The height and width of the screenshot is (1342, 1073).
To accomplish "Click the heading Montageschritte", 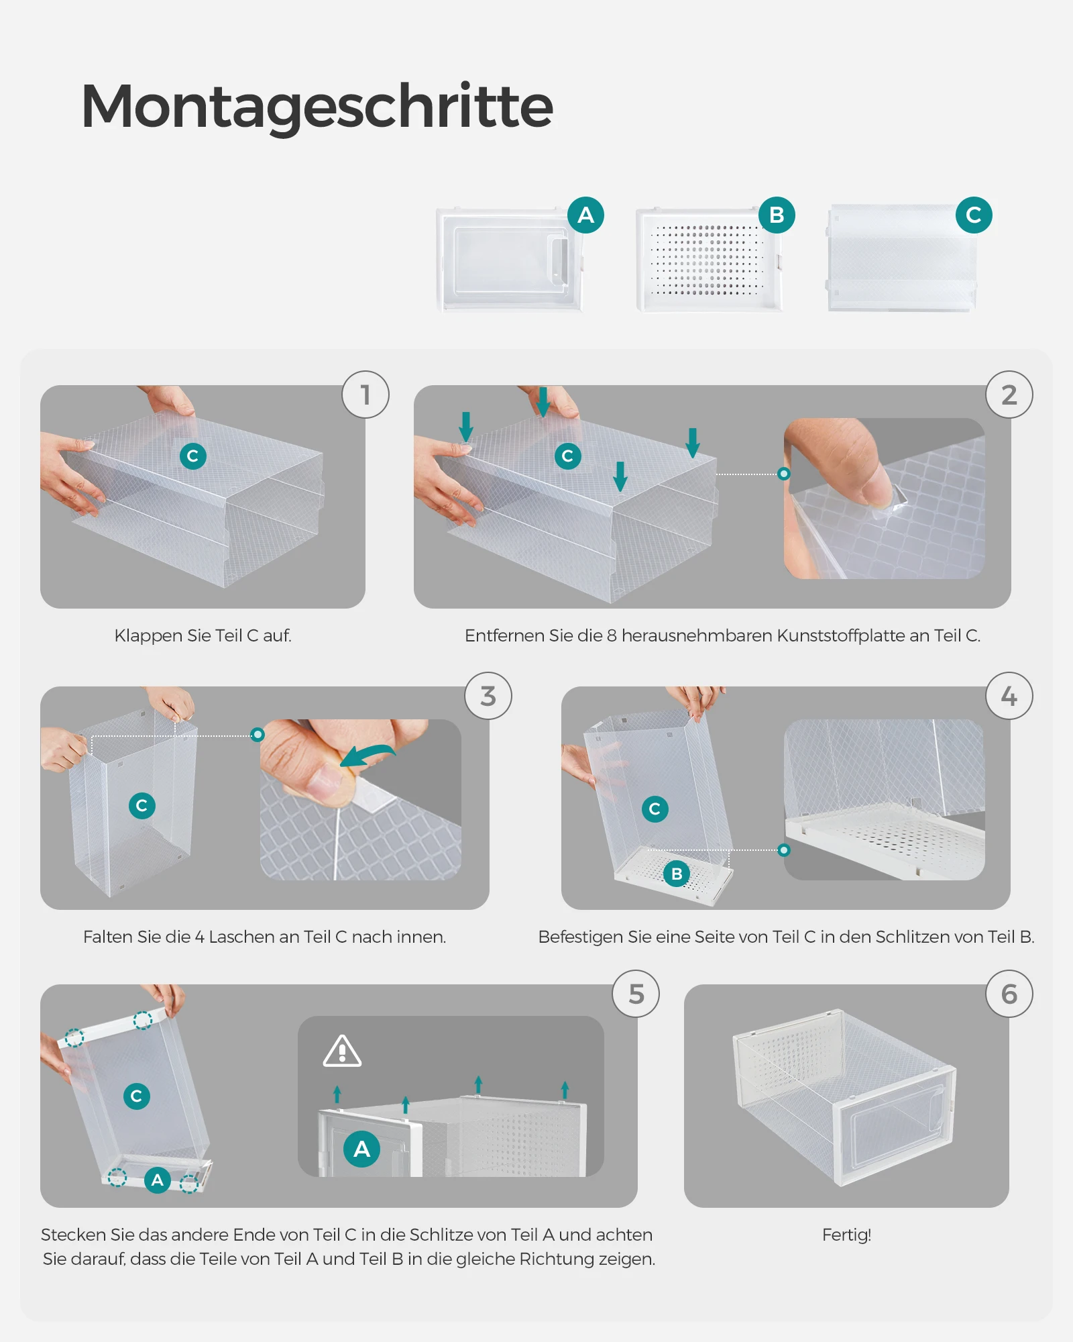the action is point(317,107).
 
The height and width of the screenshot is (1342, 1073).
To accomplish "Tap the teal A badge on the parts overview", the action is point(585,215).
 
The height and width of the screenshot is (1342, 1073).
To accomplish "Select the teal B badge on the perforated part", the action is point(777,215).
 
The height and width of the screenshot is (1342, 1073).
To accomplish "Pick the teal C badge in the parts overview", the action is point(974,215).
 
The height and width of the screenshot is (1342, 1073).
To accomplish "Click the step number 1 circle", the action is point(365,395).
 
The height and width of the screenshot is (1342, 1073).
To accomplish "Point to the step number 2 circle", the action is point(1009,395).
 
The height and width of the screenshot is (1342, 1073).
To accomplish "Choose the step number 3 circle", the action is point(488,696).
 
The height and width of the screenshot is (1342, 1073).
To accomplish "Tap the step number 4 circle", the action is point(1009,696).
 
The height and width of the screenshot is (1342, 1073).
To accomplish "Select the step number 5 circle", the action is point(636,994).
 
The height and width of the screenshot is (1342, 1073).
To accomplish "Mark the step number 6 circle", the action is point(1009,994).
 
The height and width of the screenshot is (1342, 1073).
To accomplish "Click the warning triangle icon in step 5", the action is point(342,1051).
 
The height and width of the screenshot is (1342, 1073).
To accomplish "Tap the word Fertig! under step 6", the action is point(846,1235).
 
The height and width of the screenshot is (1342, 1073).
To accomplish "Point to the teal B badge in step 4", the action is point(677,874).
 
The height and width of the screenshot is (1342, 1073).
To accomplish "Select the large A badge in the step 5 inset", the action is point(361,1149).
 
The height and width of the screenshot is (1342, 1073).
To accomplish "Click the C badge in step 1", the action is point(192,456).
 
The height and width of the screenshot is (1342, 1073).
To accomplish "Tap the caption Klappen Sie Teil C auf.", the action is point(203,635).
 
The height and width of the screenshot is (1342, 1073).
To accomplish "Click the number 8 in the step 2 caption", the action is point(612,635).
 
